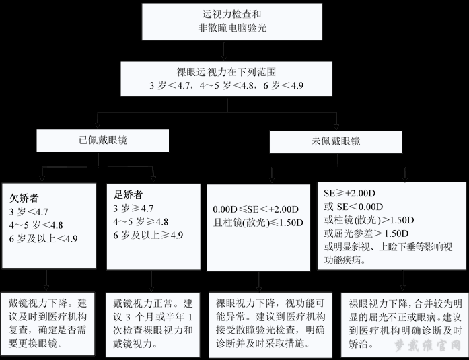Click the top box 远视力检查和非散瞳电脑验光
pos(231,22)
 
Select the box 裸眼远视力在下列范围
pos(226,79)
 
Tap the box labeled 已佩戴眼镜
pos(102,141)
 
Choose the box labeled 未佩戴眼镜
pos(336,142)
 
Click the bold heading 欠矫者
pos(24,198)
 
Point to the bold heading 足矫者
pos(128,195)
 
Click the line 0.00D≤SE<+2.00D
pos(256,209)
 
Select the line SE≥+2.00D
pos(349,193)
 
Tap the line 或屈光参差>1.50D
pos(366,233)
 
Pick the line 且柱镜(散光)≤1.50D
pos(258,223)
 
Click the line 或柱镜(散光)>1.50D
pos(369,220)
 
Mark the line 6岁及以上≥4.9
pos(148,235)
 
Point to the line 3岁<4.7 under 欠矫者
pos(28,212)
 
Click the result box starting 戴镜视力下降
pos(48,324)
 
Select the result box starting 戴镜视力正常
pos(153,325)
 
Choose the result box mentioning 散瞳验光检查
pos(270,325)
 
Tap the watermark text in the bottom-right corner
pos(428,346)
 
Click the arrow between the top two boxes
pos(223,51)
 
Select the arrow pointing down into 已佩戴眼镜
pos(97,120)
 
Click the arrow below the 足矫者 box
pos(151,281)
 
